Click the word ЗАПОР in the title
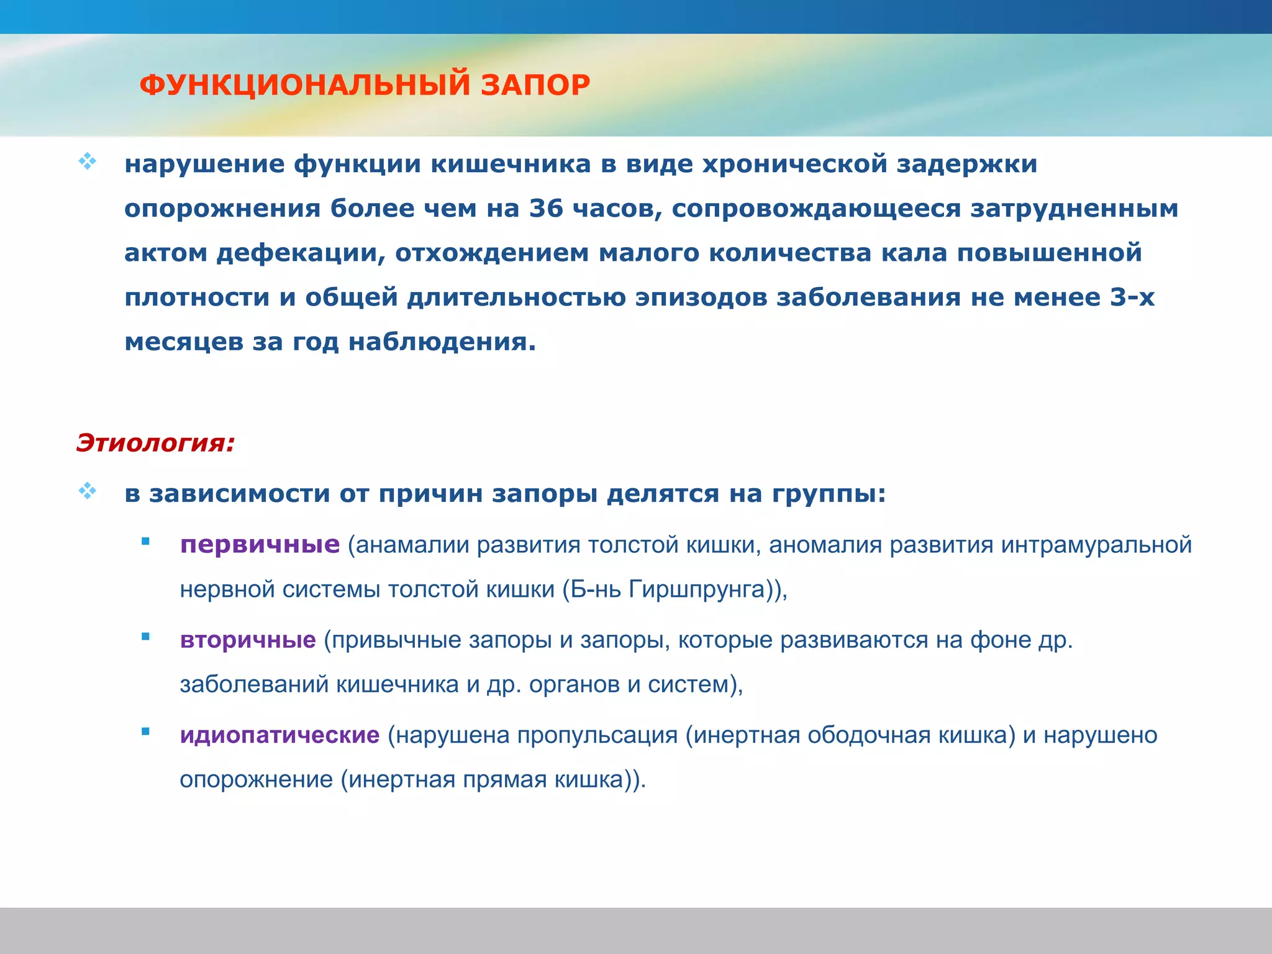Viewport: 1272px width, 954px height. tap(535, 85)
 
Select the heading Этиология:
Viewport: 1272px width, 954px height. tap(155, 443)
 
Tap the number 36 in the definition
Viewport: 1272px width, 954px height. tap(545, 208)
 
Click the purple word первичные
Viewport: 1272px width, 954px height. tap(260, 545)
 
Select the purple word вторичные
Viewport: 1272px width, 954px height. tap(248, 640)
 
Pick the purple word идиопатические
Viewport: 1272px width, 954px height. tap(279, 735)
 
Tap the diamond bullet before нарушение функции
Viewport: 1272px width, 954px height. tap(87, 161)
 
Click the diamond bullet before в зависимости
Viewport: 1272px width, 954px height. tap(87, 491)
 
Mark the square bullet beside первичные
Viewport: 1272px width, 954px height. tap(145, 542)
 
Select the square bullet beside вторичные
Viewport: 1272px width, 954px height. tap(145, 637)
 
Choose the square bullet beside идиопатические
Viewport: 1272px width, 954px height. tap(145, 732)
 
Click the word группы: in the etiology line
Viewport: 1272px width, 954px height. tap(829, 494)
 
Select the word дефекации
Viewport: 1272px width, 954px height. tap(301, 253)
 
